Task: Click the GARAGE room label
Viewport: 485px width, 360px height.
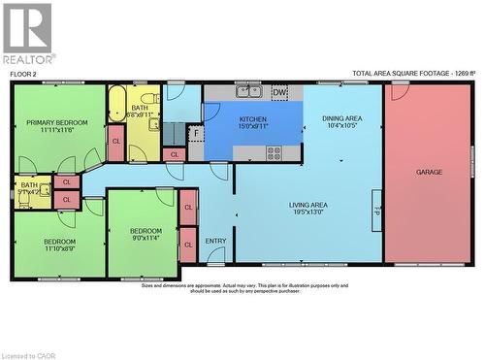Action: click(429, 172)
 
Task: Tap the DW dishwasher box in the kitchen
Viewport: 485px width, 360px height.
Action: click(279, 93)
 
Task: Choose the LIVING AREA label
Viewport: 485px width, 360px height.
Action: click(307, 205)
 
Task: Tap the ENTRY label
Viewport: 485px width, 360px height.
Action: click(215, 241)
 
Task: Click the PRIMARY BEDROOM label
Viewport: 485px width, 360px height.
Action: click(56, 122)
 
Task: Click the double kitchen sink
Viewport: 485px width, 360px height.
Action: click(248, 92)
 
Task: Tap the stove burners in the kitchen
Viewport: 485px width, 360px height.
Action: click(274, 152)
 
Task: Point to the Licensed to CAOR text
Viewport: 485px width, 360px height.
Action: click(28, 355)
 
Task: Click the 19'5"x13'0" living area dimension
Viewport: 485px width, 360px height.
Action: click(307, 213)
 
